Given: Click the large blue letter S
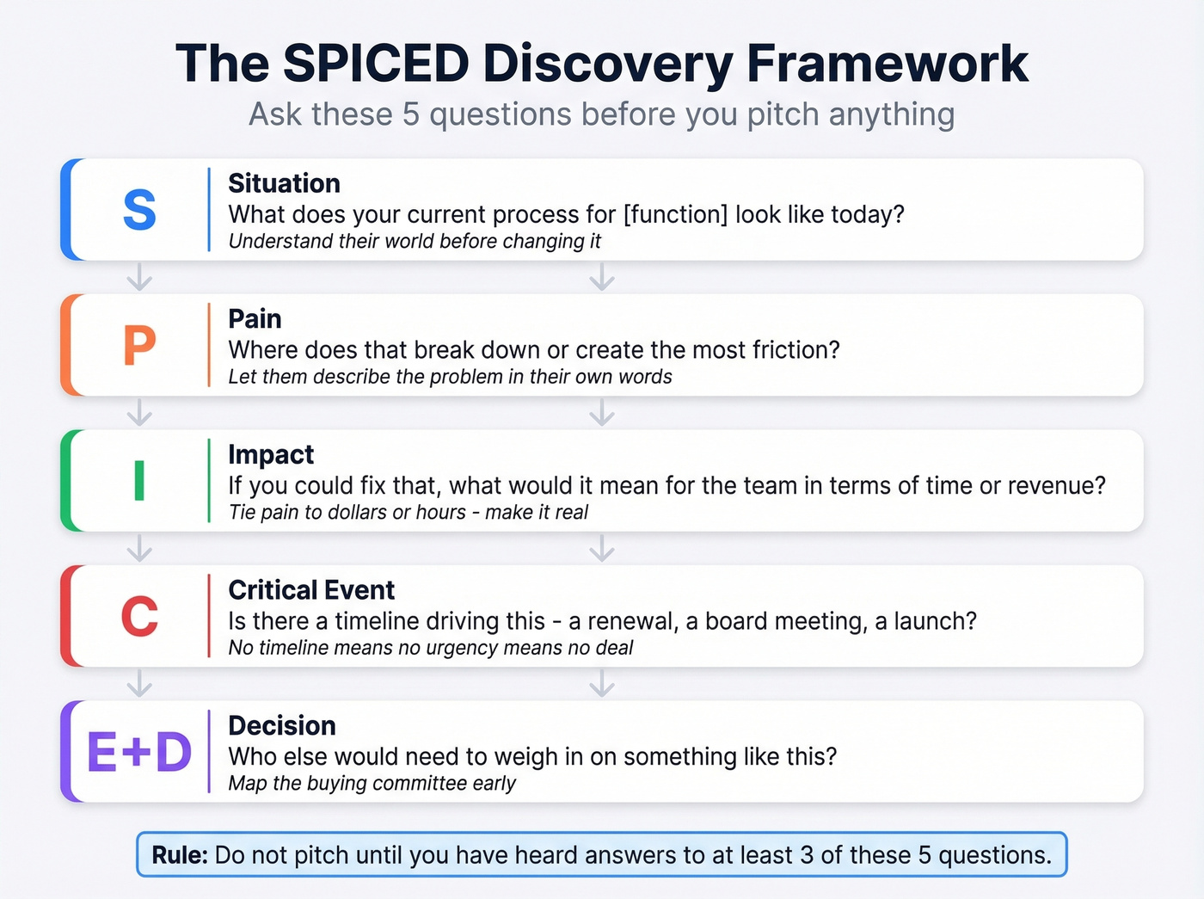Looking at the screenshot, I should pyautogui.click(x=139, y=210).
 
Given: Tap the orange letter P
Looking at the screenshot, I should pyautogui.click(x=139, y=346).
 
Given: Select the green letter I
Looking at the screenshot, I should pyautogui.click(x=139, y=481).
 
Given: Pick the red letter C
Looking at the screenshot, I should pyautogui.click(x=139, y=617).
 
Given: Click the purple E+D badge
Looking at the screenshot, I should pyautogui.click(x=139, y=752).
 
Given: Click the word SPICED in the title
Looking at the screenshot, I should pyautogui.click(x=376, y=63).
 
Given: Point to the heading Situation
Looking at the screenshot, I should pyautogui.click(x=284, y=183).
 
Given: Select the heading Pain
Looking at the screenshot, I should pyautogui.click(x=255, y=319).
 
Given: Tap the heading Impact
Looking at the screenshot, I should pyautogui.click(x=271, y=454).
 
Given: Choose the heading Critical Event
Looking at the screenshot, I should pyautogui.click(x=311, y=590).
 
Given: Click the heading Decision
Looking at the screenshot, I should pyautogui.click(x=282, y=725).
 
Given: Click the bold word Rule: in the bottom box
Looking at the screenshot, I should pyautogui.click(x=180, y=855).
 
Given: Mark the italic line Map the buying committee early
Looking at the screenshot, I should pyautogui.click(x=372, y=783).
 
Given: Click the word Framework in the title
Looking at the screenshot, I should pyautogui.click(x=887, y=63).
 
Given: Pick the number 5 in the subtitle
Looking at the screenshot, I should pyautogui.click(x=411, y=114).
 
